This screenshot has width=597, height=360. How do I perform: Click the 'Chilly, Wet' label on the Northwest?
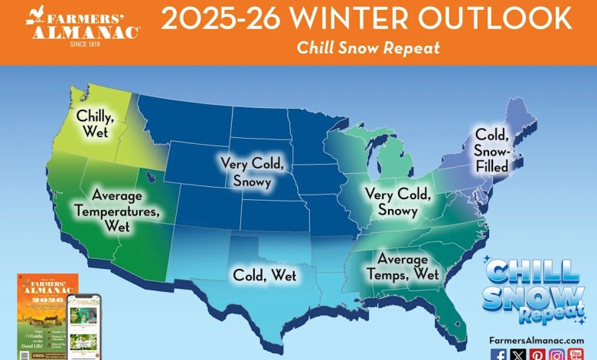click(95, 124)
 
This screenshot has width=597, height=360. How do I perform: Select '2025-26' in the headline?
click(214, 18)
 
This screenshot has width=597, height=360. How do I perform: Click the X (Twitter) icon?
click(519, 355)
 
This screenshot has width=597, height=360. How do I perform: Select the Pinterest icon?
click(538, 355)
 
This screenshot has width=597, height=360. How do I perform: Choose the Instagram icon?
click(556, 355)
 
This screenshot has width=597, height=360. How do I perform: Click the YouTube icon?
click(576, 355)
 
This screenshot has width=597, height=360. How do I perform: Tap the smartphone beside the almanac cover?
click(83, 324)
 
